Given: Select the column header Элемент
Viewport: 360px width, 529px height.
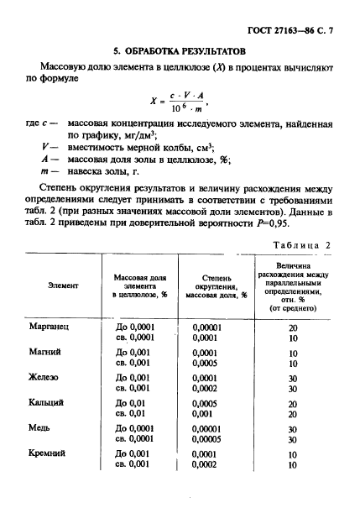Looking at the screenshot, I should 64,285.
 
